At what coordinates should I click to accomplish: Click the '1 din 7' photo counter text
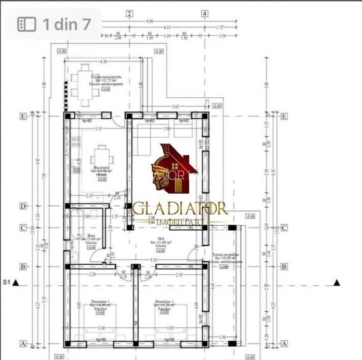pos(67,24)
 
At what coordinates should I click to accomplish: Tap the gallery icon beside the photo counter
pos(26,24)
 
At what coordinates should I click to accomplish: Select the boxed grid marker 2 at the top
pos(129,13)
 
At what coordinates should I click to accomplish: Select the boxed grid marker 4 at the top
pos(205,13)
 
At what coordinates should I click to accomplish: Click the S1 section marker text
pos(8,281)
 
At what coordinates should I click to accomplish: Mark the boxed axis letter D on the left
pos(23,206)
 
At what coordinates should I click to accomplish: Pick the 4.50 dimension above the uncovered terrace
pos(103,61)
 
